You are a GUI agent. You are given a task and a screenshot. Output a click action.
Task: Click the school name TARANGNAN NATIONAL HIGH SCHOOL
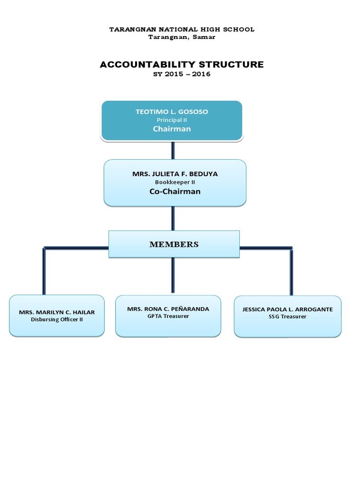[x=182, y=29]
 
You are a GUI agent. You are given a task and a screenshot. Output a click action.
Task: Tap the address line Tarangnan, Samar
[x=182, y=37]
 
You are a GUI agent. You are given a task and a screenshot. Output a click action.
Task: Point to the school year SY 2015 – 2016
[x=182, y=75]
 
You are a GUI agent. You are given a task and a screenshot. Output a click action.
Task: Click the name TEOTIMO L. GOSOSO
[x=172, y=112]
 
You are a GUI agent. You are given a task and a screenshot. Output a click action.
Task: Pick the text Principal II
[x=172, y=120]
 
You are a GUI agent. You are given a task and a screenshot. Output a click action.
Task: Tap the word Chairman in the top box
[x=172, y=129]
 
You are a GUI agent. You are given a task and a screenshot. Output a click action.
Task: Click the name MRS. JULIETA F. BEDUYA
[x=175, y=174]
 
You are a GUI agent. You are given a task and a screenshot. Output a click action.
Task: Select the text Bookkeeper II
[x=175, y=182]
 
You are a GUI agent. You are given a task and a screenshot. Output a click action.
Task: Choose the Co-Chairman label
[x=175, y=191]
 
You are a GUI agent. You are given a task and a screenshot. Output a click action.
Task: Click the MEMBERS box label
[x=174, y=244]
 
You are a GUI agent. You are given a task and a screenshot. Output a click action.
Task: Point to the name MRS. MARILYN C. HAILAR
[x=56, y=312]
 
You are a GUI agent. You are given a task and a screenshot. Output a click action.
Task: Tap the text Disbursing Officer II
[x=56, y=319]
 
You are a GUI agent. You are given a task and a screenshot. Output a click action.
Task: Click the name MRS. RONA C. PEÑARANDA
[x=168, y=309]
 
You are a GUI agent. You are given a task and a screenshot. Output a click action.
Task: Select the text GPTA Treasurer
[x=168, y=316]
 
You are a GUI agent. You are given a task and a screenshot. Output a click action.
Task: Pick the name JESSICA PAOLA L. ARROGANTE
[x=287, y=309]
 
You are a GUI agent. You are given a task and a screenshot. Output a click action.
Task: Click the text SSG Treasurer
[x=287, y=316]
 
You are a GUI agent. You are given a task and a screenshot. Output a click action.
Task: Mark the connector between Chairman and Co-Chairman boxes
[x=173, y=150]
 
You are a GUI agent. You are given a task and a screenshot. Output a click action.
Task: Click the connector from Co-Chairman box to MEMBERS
[x=173, y=218]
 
